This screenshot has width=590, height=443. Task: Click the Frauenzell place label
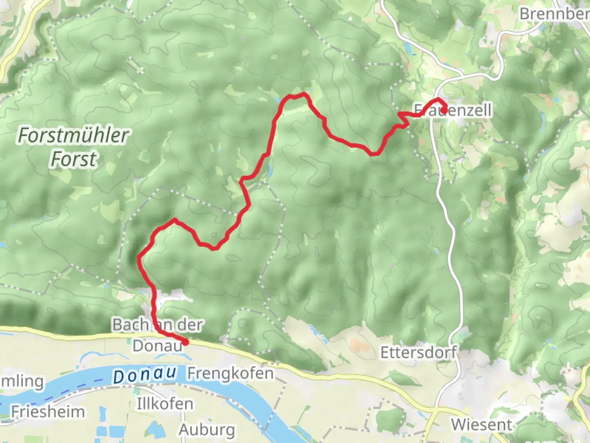[453, 110]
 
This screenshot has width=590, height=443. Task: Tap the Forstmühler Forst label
[74, 147]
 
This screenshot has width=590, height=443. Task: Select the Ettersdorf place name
[418, 352]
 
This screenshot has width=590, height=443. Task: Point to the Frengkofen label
[231, 373]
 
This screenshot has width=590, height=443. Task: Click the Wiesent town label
[481, 424]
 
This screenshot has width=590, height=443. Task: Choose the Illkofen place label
[165, 404]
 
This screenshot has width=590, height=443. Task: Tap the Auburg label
[207, 429]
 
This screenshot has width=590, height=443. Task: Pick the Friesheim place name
[48, 411]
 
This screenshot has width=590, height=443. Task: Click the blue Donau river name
[145, 375]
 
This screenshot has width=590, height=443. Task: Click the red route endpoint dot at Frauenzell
[444, 110]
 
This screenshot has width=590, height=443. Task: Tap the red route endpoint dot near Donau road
[185, 342]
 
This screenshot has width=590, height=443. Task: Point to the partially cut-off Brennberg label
[554, 14]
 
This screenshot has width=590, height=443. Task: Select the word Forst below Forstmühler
[74, 159]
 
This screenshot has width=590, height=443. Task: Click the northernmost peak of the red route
[304, 95]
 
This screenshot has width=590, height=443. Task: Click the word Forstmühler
[74, 135]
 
